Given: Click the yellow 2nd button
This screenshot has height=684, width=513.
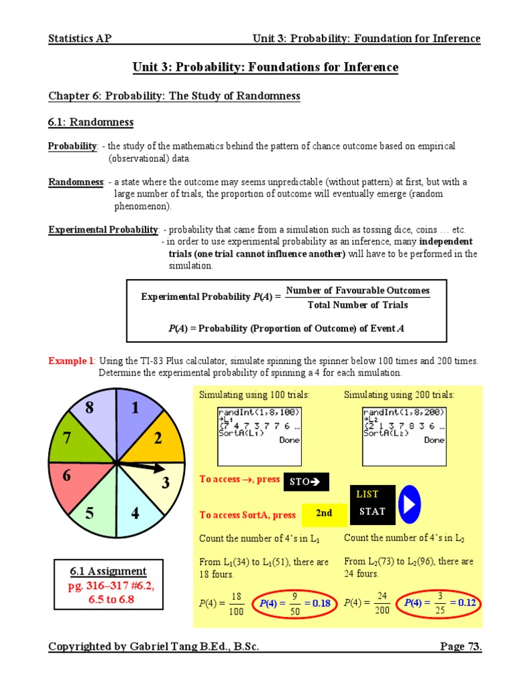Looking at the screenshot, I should (324, 513).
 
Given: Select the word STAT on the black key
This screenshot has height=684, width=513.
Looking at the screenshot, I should (372, 512).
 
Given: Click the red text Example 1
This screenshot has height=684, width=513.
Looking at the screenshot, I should (71, 361).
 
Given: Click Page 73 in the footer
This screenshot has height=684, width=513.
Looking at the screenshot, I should (460, 647).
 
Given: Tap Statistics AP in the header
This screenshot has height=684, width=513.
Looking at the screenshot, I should (79, 38).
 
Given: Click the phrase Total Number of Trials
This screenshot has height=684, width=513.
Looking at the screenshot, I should (357, 305).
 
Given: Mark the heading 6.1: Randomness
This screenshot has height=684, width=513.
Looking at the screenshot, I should (91, 122).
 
